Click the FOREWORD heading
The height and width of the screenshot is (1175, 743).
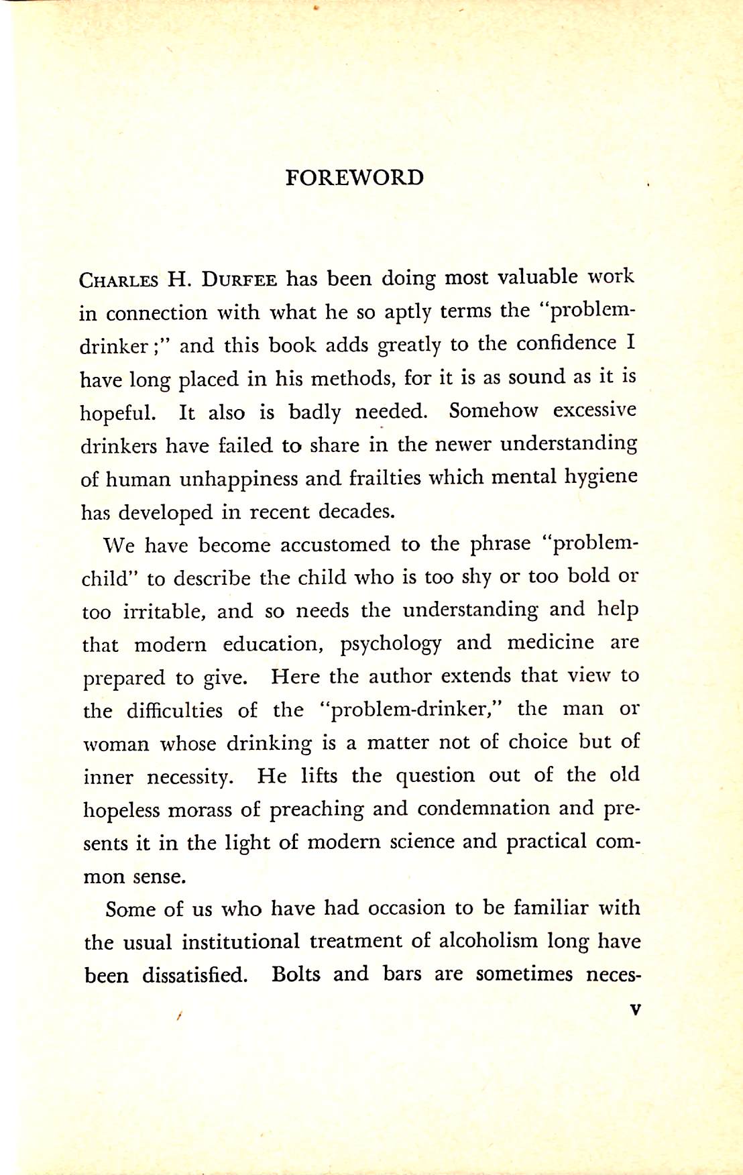[x=354, y=178]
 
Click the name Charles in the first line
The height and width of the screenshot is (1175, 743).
[x=119, y=280]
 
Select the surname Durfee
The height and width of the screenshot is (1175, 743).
[x=239, y=279]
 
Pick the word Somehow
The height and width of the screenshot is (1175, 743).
[x=493, y=410]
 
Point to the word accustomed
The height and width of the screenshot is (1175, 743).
[x=335, y=544]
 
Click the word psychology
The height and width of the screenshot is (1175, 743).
[x=390, y=644]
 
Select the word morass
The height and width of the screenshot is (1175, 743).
[x=198, y=809]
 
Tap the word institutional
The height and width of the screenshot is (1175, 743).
[x=240, y=942]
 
